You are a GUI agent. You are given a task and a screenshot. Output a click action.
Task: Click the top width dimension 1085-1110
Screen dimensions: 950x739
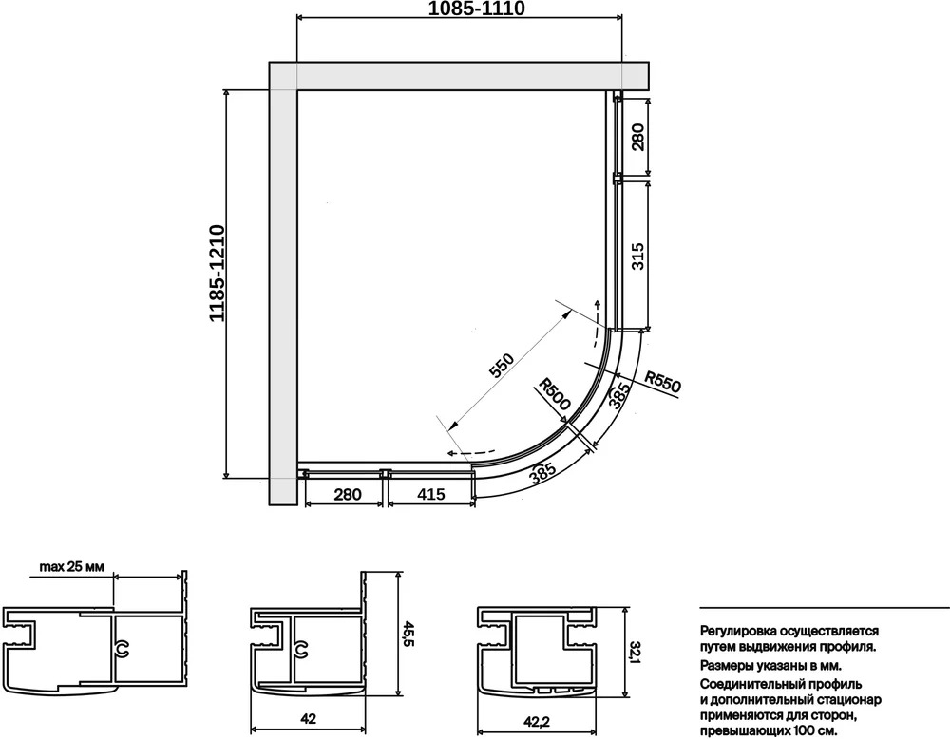[477, 9]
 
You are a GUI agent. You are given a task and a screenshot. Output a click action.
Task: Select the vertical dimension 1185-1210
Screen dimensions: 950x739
[218, 274]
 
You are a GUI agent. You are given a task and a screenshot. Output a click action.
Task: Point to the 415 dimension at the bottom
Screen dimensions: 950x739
[431, 494]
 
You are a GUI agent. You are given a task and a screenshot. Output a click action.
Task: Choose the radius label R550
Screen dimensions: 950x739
[662, 382]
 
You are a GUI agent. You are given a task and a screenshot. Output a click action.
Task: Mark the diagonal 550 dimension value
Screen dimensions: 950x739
[502, 366]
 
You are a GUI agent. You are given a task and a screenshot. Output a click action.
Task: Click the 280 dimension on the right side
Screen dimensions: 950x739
[636, 137]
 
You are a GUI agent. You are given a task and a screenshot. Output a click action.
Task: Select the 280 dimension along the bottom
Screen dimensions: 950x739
[348, 494]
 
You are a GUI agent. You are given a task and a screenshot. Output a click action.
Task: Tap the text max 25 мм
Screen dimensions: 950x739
[71, 567]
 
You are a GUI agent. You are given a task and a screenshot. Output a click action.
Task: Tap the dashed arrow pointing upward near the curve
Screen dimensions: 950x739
[599, 324]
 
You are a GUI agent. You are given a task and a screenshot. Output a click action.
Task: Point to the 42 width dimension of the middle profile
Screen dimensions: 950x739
[309, 719]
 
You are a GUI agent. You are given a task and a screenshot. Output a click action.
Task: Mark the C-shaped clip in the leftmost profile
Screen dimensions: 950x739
[123, 650]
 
